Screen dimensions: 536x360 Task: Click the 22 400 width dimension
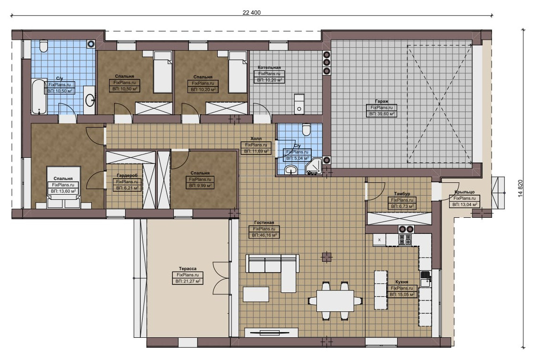(252, 13)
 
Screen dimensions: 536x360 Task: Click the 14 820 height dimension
(520, 189)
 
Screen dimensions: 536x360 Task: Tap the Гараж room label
(382, 101)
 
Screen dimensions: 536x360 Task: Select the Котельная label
(269, 68)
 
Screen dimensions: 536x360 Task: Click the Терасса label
(187, 269)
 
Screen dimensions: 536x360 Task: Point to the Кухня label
(402, 282)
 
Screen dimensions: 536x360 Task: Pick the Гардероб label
(127, 175)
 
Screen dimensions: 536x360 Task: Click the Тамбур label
(402, 194)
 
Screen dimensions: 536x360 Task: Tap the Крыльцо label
(465, 192)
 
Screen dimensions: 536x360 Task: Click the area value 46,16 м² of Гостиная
(264, 235)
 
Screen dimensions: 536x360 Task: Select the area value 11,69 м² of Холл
(256, 151)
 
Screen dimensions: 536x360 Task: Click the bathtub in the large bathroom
(39, 97)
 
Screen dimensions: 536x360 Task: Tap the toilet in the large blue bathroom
(44, 46)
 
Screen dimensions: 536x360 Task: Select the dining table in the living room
(335, 300)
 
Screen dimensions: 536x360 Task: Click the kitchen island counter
(381, 290)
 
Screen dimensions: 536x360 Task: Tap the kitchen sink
(425, 279)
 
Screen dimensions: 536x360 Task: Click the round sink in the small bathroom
(291, 170)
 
